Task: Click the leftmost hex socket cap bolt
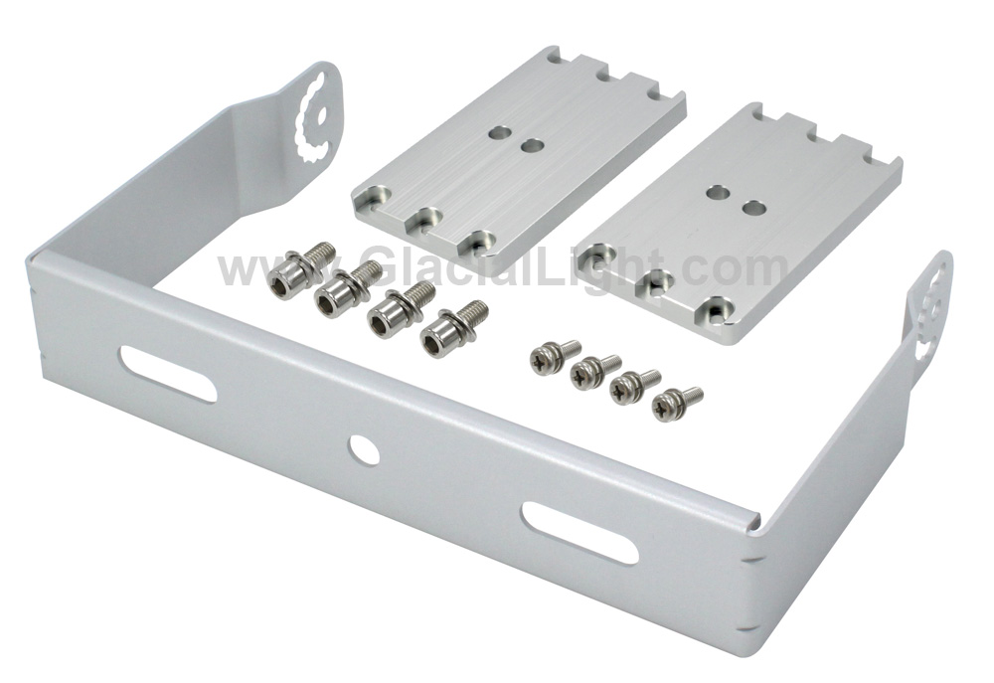coord(298,270)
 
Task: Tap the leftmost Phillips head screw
coord(553,356)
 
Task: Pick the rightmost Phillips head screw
coord(676,402)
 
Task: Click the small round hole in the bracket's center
coord(364,450)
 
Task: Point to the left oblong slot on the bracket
coord(169,374)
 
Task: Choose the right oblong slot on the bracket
coord(580,533)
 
